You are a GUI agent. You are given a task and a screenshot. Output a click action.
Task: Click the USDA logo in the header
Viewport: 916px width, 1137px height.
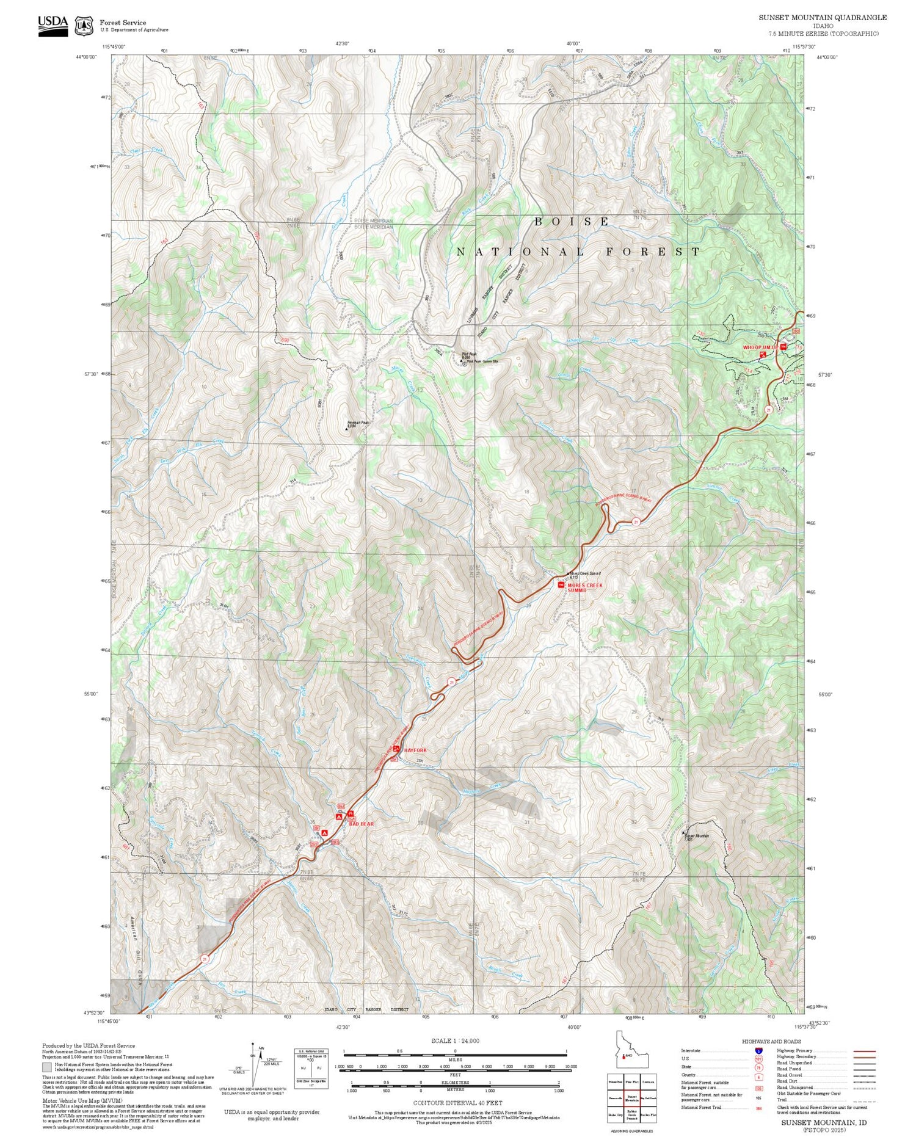point(53,25)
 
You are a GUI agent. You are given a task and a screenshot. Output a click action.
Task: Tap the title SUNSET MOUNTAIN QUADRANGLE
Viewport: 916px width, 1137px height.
point(823,18)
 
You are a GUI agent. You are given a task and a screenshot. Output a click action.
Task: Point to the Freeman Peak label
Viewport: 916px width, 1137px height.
point(358,423)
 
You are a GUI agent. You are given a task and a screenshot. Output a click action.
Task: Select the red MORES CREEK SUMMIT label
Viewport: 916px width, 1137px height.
point(584,587)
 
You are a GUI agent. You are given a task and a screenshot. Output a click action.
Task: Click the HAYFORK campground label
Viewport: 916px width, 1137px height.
point(415,750)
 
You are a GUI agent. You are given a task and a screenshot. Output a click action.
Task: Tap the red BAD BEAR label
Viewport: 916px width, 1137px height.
point(361,824)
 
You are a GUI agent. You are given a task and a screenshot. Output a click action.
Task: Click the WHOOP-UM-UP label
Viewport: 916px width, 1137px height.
point(759,347)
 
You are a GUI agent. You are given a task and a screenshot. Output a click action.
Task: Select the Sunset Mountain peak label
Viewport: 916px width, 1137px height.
point(697,837)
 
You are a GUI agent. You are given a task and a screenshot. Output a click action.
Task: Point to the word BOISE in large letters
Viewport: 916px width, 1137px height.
point(572,222)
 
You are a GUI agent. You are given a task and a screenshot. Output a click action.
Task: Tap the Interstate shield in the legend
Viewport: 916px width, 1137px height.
point(758,1050)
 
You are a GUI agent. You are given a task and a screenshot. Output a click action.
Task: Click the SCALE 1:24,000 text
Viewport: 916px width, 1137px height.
point(455,1041)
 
